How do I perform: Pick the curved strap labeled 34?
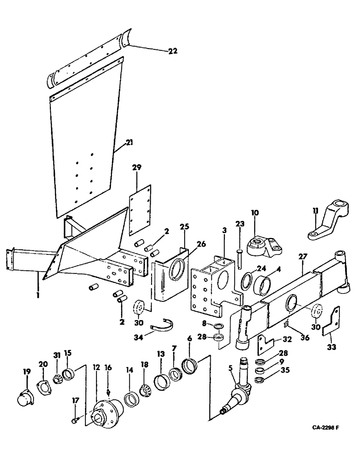click(x=164, y=323)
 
